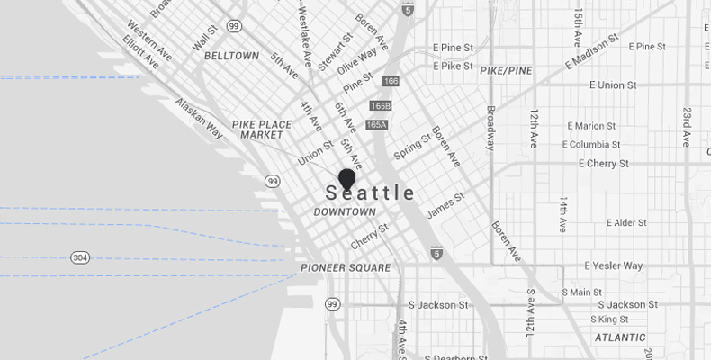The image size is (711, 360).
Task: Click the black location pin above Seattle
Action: click(347, 178)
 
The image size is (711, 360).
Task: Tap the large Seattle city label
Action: click(371, 193)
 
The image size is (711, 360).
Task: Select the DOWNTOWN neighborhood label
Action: click(345, 212)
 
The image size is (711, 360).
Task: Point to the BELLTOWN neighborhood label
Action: click(233, 56)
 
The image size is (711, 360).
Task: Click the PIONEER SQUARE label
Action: click(346, 268)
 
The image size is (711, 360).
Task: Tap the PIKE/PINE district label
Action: click(507, 69)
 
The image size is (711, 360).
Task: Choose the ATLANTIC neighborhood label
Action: click(620, 338)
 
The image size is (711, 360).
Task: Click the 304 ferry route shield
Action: click(81, 257)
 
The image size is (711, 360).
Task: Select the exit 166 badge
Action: click(391, 82)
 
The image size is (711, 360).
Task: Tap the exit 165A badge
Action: click(377, 125)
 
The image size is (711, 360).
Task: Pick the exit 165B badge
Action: click(380, 106)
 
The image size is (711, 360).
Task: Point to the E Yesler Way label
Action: click(614, 266)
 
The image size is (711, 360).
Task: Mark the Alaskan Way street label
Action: click(199, 118)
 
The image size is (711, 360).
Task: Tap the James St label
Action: click(445, 204)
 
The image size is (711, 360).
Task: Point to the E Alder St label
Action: click(634, 222)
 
